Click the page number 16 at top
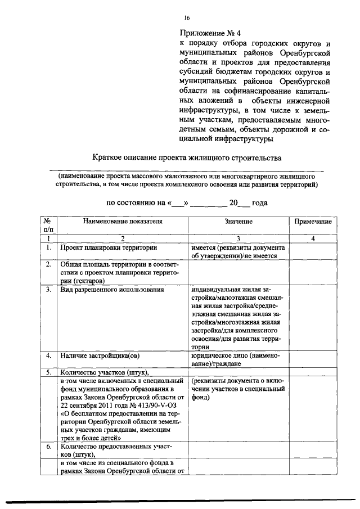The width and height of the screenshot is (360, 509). tap(186, 18)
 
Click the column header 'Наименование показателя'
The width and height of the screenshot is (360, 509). tap(123, 222)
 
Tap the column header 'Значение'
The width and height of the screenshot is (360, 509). tap(238, 222)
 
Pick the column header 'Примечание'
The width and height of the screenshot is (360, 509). tap(313, 222)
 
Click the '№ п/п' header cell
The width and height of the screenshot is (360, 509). tap(49, 226)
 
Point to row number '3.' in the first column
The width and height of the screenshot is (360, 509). tap(49, 290)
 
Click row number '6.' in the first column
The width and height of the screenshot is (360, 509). tap(49, 447)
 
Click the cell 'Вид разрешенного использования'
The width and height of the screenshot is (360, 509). tap(112, 290)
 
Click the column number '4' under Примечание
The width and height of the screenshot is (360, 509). tap(313, 238)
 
